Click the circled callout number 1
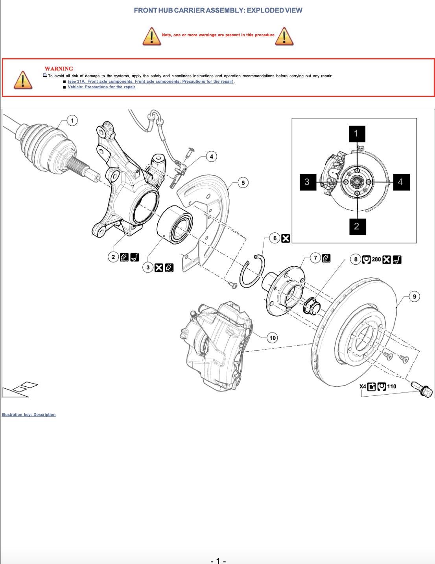[x=72, y=121]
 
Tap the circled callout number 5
[x=243, y=183]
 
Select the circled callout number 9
[x=414, y=297]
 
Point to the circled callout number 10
[x=273, y=338]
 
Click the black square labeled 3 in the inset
[x=308, y=182]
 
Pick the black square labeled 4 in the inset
[x=401, y=182]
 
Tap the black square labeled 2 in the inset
[x=358, y=226]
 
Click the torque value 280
[x=376, y=259]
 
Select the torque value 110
[x=391, y=386]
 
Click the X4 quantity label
[x=363, y=386]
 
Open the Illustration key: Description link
[x=29, y=414]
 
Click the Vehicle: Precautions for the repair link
[x=101, y=87]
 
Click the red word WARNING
[x=59, y=69]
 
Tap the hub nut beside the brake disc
[x=312, y=306]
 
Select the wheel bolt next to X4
[x=422, y=389]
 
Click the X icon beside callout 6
[x=286, y=238]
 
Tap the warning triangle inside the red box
[x=23, y=80]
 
